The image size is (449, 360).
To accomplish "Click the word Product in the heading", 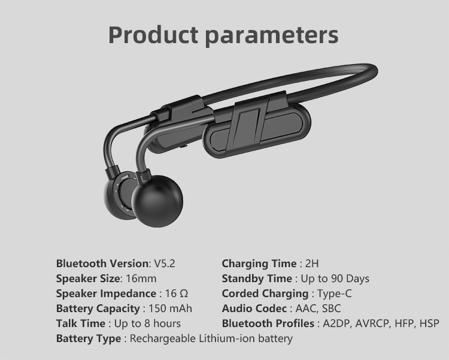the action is pos(153,35).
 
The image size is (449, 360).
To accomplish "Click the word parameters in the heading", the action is pos(272,37).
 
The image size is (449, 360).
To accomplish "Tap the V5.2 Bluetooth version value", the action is pos(165,264).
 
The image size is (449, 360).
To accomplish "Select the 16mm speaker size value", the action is pos(141,279).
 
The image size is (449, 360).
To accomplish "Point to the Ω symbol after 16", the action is pos(184,294).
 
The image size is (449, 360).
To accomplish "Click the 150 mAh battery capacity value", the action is pos(170,308).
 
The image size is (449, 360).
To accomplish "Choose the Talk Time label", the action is pos(81,323).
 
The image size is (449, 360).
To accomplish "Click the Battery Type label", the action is pos(89,338).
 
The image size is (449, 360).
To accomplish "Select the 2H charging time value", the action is pos(312,264).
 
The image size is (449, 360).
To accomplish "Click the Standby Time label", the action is pos(257,279).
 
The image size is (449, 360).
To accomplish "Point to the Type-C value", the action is pos(334,294).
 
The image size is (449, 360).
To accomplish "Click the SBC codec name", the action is pos(331,308).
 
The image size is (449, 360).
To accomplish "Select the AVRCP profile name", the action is pos(372,323).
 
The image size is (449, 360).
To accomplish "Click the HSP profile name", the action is pos(429,323).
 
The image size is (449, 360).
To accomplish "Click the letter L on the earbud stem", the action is pos(144,179).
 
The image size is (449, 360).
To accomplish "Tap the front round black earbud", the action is pos(157,201).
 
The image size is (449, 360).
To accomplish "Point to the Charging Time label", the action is pos(259,264).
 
